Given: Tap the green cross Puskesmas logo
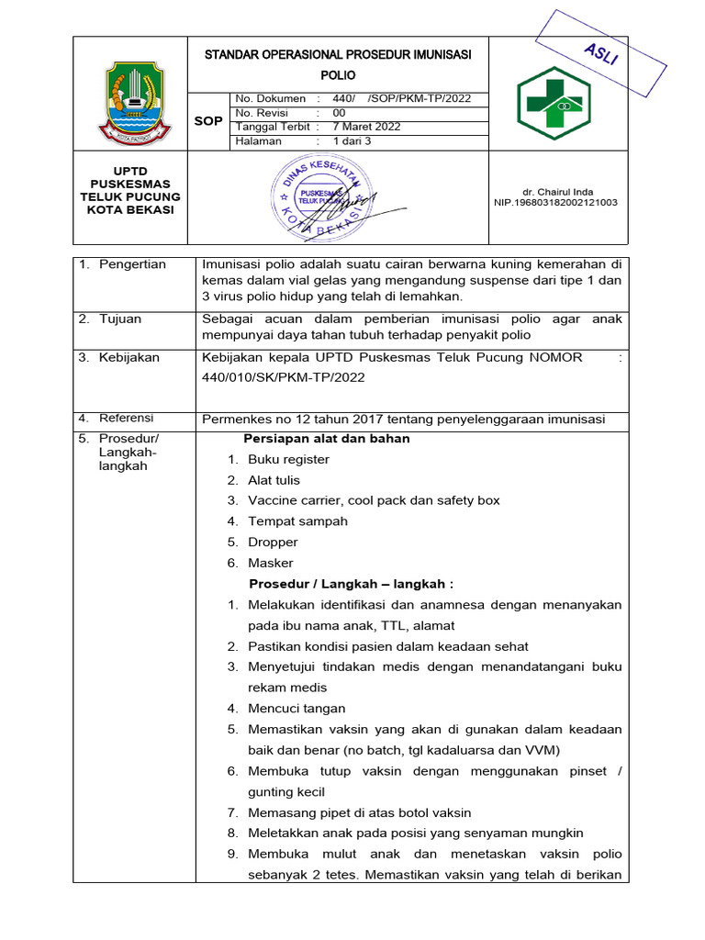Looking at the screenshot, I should (561, 104).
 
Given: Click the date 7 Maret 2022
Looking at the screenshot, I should (366, 127).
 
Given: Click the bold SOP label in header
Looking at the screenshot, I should (207, 120).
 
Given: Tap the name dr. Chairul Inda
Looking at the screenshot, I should (555, 191).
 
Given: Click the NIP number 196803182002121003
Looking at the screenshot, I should (555, 203).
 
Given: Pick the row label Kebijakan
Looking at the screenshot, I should (129, 357).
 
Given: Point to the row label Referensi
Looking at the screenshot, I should (129, 419).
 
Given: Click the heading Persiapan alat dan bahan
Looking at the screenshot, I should (327, 439).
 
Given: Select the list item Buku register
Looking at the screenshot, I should (288, 459).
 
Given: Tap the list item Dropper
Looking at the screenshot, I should (274, 542).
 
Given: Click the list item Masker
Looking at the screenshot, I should (271, 563).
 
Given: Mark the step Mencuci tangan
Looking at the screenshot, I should (297, 708).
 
